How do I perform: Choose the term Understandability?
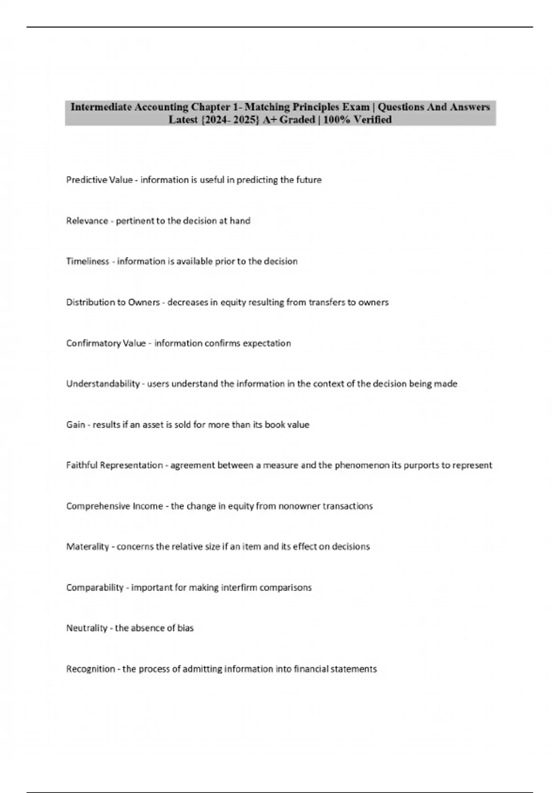click(x=103, y=384)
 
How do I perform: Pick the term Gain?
click(x=76, y=425)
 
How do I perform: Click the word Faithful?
click(x=82, y=466)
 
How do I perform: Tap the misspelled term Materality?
click(x=87, y=547)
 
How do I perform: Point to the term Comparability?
click(x=95, y=588)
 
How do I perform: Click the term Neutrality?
click(x=87, y=628)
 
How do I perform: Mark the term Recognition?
click(x=91, y=669)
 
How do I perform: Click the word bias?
click(x=185, y=628)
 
